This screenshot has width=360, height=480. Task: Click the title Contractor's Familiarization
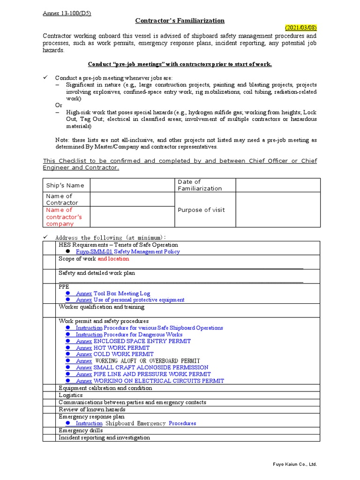coord(180,21)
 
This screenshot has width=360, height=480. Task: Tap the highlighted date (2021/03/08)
coord(301,28)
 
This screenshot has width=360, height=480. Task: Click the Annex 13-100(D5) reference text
coord(67,13)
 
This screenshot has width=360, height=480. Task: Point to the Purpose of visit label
coord(201,210)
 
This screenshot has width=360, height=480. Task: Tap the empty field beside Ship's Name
coord(132,185)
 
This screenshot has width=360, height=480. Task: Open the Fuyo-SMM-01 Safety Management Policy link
coord(127,252)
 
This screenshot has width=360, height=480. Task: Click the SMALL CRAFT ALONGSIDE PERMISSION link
coord(151,367)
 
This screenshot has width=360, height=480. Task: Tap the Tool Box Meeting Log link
coord(121,293)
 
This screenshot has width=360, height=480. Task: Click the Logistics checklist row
coord(71,395)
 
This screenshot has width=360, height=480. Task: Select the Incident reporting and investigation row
coord(104,437)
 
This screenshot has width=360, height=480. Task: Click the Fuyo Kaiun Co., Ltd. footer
coord(295,465)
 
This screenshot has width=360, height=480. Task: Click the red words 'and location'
coord(113,259)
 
